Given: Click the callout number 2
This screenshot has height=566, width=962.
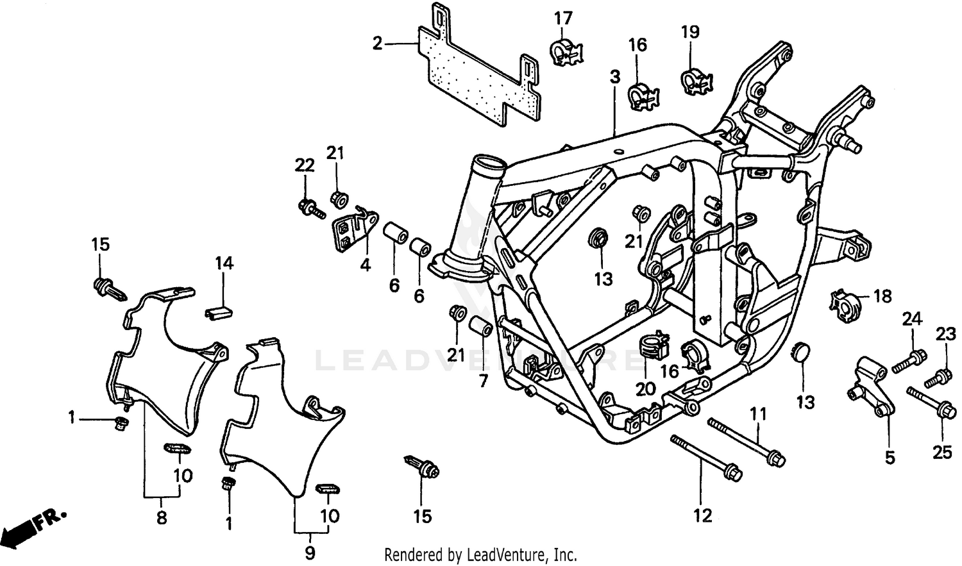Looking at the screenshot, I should click(x=377, y=44).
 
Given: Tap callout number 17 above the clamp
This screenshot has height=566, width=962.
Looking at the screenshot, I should click(x=563, y=19).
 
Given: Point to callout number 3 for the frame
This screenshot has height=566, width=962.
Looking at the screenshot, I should click(x=615, y=78).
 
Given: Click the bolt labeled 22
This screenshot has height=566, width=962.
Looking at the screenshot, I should click(x=311, y=208).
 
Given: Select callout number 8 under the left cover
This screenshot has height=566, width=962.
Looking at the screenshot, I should click(x=162, y=517).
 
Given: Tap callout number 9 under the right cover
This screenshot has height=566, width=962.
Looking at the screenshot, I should click(x=310, y=552).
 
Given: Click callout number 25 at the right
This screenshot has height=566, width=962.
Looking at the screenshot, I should click(x=942, y=453).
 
